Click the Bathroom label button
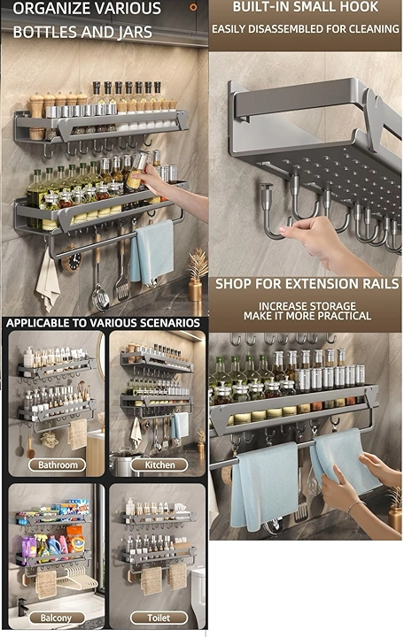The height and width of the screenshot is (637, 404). click(58, 464)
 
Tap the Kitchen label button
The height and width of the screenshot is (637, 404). click(159, 464)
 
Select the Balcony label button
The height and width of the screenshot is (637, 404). click(56, 618)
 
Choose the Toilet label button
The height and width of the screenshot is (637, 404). click(159, 618)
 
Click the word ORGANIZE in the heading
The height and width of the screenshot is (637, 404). click(51, 9)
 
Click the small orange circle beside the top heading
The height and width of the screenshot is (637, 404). click(194, 7)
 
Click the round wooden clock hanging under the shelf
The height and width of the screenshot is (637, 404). click(72, 262)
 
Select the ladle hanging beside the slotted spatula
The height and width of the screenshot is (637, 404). click(100, 284)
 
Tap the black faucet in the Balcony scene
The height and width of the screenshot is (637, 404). click(21, 607)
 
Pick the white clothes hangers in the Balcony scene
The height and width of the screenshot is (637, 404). click(77, 578)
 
